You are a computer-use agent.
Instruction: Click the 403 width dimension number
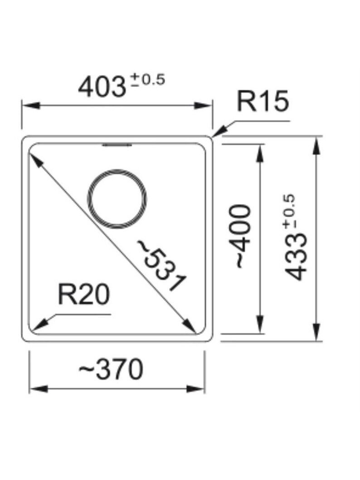(x=102, y=87)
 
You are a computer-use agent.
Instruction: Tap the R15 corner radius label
(x=263, y=101)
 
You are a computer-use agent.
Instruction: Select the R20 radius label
(x=83, y=294)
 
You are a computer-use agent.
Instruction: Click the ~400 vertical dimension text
(x=240, y=236)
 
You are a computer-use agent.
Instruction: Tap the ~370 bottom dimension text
(x=111, y=369)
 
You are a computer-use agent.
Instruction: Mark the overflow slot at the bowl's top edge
(x=117, y=145)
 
